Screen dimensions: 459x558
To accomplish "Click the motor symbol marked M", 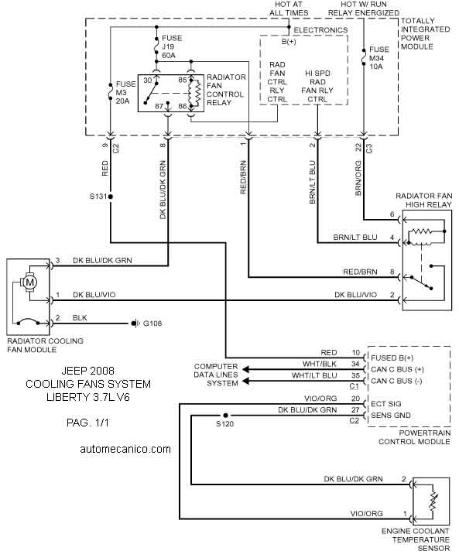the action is (x=30, y=283).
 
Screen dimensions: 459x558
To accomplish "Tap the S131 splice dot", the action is (x=111, y=197).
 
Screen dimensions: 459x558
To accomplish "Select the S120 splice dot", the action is (x=225, y=416).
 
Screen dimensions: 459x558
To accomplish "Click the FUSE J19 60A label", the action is (x=172, y=46).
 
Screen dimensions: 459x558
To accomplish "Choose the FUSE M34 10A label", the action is (x=379, y=58).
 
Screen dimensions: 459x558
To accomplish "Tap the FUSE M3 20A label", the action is (x=126, y=93).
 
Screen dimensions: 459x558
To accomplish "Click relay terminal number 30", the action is (x=148, y=80).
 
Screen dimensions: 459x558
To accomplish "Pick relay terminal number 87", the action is (x=159, y=106).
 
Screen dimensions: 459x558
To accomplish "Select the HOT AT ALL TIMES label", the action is (x=289, y=9).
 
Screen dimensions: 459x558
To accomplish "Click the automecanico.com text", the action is (x=125, y=449).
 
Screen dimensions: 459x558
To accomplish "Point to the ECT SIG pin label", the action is (x=385, y=404).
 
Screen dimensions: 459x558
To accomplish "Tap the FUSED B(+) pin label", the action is (x=392, y=358).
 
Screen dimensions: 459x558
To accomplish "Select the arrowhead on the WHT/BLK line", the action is (x=245, y=369).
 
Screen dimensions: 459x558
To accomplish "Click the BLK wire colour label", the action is (x=80, y=318).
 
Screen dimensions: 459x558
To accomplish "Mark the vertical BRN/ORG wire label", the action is (x=358, y=178).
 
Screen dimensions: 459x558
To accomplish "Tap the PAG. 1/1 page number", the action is (x=87, y=423).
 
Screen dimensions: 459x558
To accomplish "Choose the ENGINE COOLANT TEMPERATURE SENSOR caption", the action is (x=416, y=540).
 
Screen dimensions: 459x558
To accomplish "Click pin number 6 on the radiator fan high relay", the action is (x=392, y=214).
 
